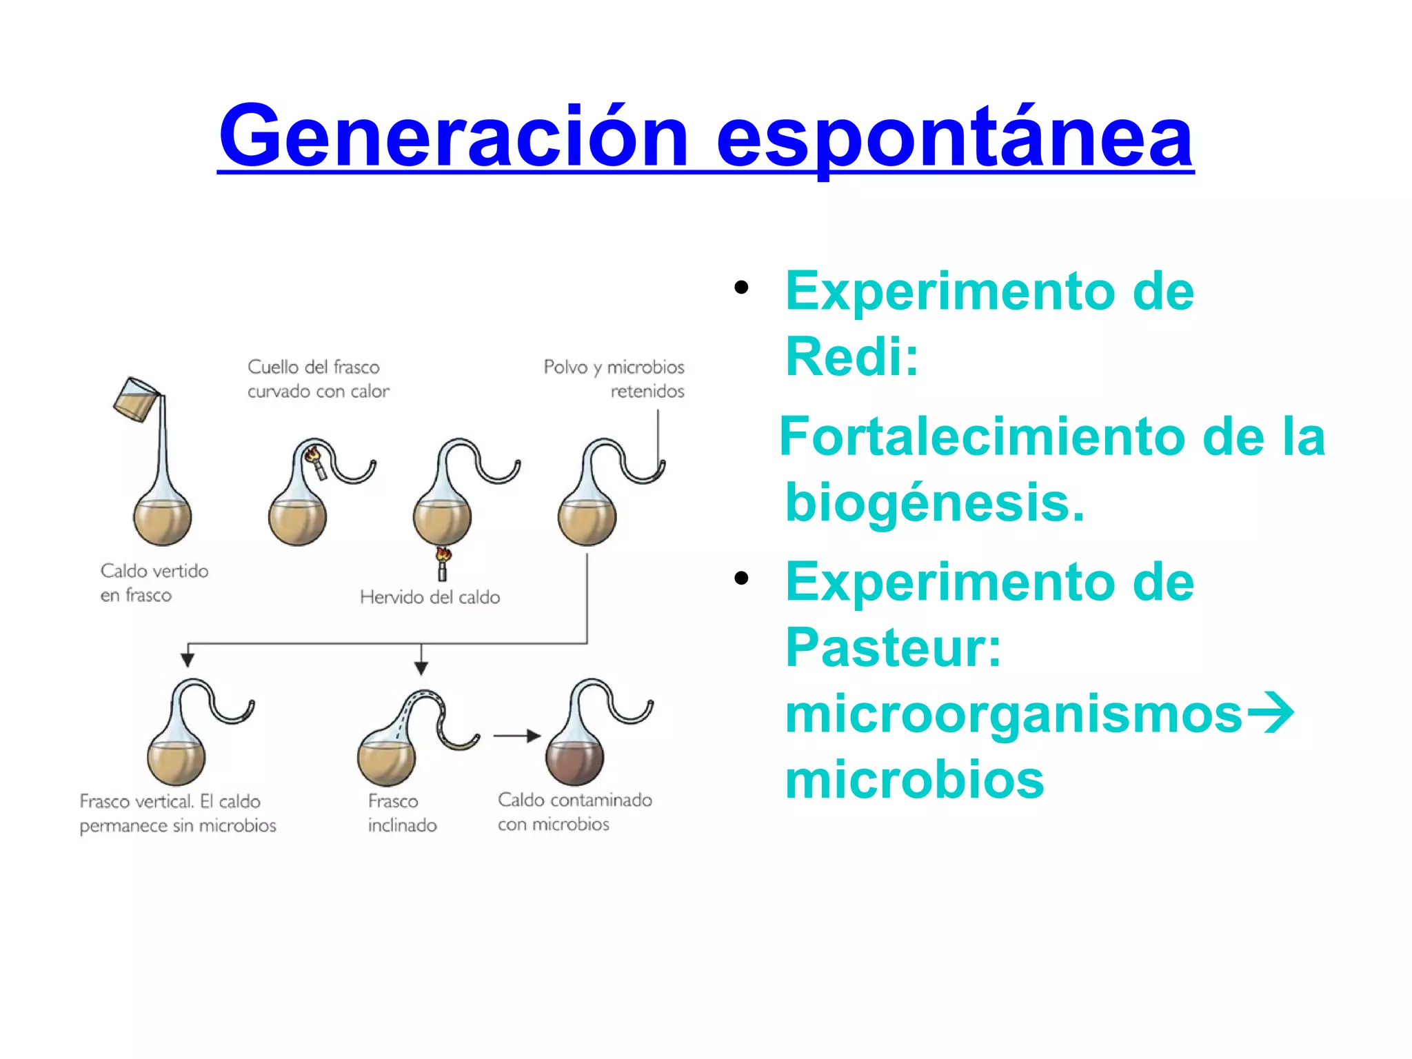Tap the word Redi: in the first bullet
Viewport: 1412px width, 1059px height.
[852, 357]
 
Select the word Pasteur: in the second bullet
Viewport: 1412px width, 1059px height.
[893, 647]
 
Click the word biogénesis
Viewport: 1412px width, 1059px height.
[934, 503]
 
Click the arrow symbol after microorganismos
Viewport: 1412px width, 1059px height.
[1270, 714]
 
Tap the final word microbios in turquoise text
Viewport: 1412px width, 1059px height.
[914, 780]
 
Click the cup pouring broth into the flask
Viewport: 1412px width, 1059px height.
[135, 399]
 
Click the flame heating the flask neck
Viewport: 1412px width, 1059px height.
[312, 454]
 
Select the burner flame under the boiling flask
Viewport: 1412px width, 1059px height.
[443, 555]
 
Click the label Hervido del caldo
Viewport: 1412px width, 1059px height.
[430, 597]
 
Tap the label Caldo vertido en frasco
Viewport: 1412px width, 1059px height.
[154, 583]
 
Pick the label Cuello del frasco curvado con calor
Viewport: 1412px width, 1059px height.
[317, 379]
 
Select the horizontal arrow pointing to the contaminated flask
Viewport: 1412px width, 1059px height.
[517, 736]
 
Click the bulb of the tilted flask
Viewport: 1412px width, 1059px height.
[386, 758]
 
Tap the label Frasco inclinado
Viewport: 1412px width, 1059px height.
[401, 813]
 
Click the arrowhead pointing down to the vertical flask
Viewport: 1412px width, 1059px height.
[188, 659]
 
